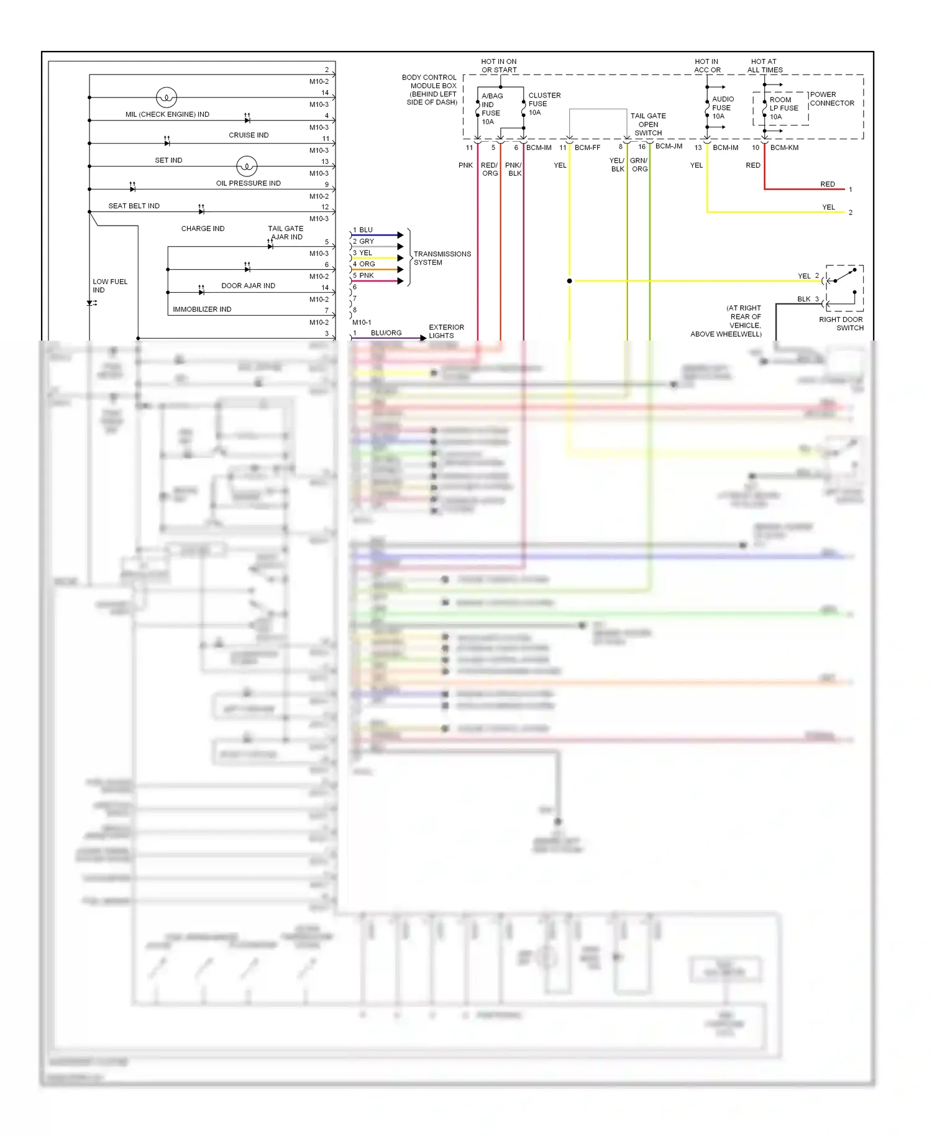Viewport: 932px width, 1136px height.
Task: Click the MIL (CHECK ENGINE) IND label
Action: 167,114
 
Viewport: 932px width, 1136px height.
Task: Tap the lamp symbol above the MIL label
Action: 167,97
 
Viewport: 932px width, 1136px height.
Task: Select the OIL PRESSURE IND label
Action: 248,183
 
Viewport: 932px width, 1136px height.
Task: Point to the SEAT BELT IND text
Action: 134,206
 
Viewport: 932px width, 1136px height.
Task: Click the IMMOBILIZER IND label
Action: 202,309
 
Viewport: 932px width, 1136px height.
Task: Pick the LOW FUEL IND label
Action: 109,286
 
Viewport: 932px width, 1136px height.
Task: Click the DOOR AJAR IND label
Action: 248,286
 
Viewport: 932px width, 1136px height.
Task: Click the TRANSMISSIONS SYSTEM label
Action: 442,258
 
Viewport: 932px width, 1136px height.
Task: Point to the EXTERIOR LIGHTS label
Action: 445,331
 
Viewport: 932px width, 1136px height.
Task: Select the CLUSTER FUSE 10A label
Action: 544,104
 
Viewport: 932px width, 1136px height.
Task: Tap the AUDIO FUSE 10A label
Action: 722,108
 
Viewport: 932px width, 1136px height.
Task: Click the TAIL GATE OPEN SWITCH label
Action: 647,124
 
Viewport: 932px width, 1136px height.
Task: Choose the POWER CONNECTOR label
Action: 831,99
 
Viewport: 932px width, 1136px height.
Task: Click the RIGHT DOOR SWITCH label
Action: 841,323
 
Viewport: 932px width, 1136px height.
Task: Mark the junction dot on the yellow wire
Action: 569,281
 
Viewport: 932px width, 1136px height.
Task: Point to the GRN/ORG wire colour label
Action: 639,165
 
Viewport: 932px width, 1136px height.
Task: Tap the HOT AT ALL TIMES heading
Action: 764,66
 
